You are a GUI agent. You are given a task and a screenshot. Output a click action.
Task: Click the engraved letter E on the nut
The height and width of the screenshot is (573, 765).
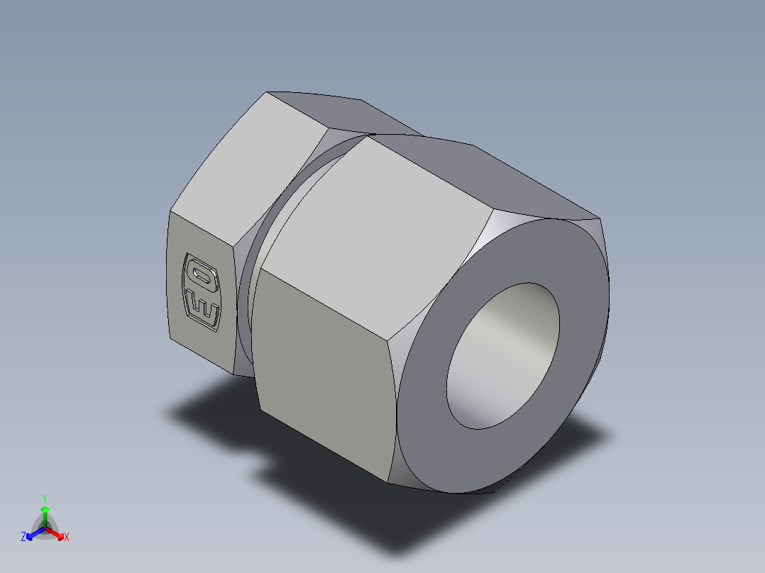(202, 306)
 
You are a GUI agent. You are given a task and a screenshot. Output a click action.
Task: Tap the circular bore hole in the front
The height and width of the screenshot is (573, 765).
(502, 355)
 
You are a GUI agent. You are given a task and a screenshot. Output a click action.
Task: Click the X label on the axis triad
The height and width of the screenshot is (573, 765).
(67, 538)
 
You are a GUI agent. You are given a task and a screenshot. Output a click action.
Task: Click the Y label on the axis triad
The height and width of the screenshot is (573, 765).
(44, 499)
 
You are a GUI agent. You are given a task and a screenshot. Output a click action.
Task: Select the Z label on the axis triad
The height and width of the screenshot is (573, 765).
(23, 538)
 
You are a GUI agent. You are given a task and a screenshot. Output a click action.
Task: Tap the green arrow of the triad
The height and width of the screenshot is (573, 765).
(45, 513)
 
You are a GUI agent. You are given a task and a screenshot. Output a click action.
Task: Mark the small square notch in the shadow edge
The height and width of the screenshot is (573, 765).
(261, 469)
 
